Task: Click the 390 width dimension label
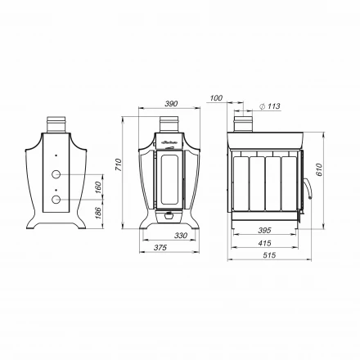click(x=171, y=104)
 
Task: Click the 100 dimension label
click(x=216, y=98)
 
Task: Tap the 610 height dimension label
click(x=320, y=169)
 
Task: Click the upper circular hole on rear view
click(x=56, y=175)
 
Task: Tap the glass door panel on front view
click(x=171, y=180)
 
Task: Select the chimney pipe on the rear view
click(x=56, y=124)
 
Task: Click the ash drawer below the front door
click(x=171, y=216)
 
